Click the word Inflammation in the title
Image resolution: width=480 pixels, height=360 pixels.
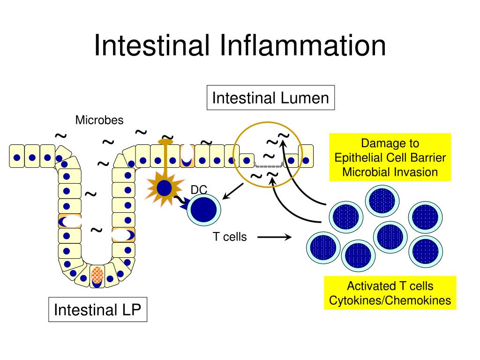point(302,45)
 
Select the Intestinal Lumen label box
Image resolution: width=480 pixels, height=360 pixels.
point(270,98)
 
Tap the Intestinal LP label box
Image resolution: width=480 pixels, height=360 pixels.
point(97,310)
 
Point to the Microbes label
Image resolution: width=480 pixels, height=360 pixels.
point(99,120)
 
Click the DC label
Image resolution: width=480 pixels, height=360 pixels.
point(199,189)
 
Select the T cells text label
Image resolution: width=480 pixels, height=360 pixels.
point(230,237)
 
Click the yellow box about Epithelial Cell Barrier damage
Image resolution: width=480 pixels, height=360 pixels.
point(390,157)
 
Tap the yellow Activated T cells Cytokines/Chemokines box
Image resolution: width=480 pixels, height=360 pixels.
point(390,293)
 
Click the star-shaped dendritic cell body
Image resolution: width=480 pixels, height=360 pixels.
point(165,188)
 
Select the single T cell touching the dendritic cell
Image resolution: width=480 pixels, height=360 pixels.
point(204,210)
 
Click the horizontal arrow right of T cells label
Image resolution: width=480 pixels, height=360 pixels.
point(275,237)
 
